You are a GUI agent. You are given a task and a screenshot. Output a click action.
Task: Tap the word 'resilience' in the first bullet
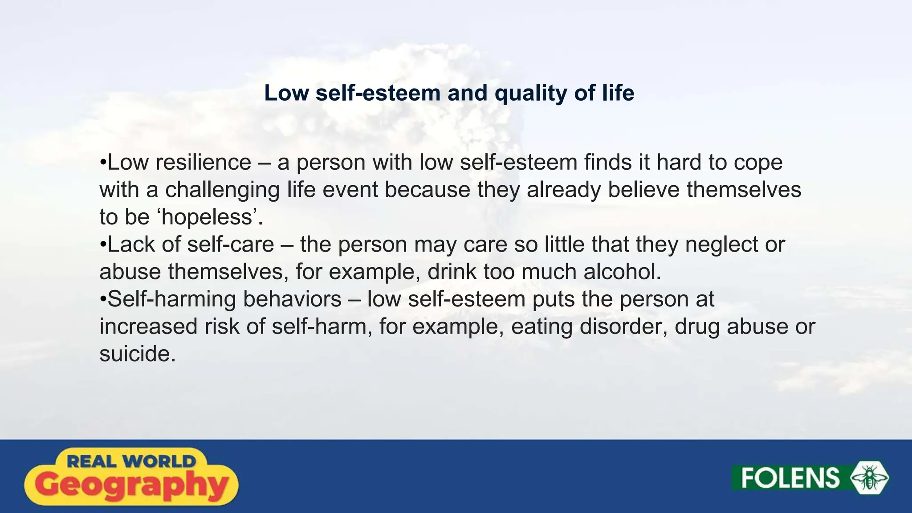pyautogui.click(x=204, y=162)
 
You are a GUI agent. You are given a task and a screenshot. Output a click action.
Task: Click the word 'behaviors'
pyautogui.click(x=292, y=299)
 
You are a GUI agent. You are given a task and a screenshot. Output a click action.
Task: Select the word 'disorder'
pyautogui.click(x=623, y=326)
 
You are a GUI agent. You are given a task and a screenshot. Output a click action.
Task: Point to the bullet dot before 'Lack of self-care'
pyautogui.click(x=102, y=244)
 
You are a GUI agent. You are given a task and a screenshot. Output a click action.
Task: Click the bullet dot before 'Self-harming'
pyautogui.click(x=102, y=299)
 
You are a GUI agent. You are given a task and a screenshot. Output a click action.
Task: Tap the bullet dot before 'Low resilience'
pyautogui.click(x=102, y=162)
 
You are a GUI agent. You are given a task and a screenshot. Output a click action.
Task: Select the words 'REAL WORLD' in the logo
pyautogui.click(x=131, y=461)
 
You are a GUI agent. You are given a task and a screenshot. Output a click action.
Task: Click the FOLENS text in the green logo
pyautogui.click(x=790, y=478)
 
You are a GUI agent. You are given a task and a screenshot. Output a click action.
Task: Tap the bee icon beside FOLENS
pyautogui.click(x=870, y=478)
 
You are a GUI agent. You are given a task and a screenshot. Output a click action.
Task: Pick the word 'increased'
pyautogui.click(x=148, y=326)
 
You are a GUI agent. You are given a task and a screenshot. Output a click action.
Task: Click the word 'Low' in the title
pyautogui.click(x=286, y=94)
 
